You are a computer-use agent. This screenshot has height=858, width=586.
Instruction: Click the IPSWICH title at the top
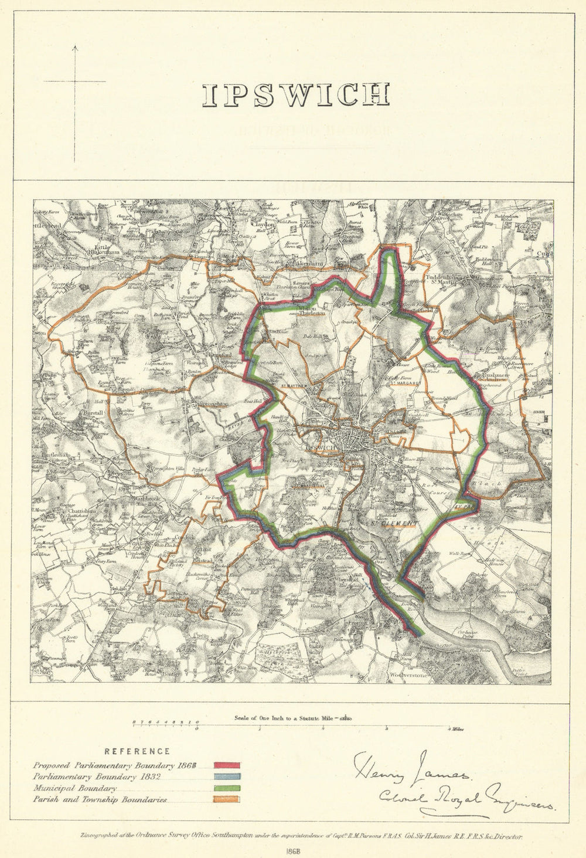click(296, 95)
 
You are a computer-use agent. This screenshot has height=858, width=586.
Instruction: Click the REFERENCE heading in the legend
click(137, 751)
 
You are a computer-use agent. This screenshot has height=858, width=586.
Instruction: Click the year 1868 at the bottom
click(293, 849)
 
